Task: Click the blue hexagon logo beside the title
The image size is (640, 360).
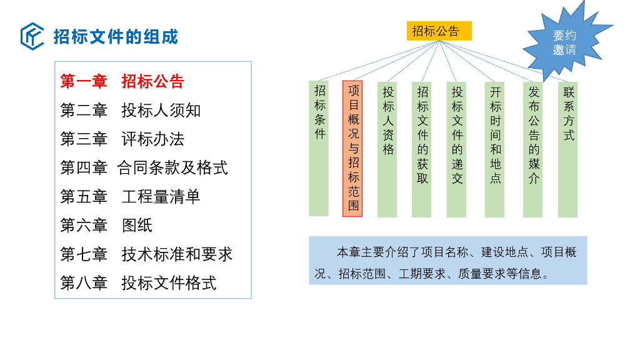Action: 32,36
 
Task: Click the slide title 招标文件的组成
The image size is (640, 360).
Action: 116,37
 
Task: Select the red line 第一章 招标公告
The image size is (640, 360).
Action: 122,82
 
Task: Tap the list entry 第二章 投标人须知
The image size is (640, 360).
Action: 130,111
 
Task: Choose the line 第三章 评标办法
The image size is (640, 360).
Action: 122,139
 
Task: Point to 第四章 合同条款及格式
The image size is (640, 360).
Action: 144,167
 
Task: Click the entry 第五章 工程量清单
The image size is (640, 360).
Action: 130,196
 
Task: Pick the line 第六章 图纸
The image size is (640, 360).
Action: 106,225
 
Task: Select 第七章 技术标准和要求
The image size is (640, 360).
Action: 146,254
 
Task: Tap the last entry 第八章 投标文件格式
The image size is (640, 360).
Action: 138,282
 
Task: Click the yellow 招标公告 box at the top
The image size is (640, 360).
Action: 439,31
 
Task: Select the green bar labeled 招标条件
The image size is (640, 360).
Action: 319,148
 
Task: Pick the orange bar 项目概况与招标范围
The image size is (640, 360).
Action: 353,149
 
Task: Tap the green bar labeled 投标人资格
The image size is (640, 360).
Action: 387,149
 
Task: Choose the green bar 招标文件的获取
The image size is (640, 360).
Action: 422,149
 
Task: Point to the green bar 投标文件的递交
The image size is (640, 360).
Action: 457,149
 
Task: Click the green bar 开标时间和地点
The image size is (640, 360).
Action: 495,149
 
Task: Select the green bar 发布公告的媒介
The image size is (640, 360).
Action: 533,149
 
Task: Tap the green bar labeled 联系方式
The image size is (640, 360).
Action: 568,149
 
